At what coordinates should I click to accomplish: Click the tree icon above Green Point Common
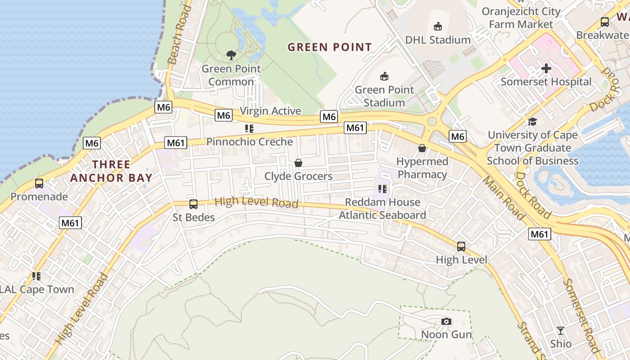click(x=231, y=55)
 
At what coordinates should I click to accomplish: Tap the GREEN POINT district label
click(x=329, y=47)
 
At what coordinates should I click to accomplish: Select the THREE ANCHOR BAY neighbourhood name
click(x=111, y=171)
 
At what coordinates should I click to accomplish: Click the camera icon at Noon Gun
click(x=446, y=321)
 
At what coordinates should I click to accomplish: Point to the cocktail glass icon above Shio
click(x=560, y=331)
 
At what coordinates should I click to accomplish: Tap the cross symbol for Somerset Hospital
click(x=546, y=68)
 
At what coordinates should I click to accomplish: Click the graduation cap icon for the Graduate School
click(x=533, y=121)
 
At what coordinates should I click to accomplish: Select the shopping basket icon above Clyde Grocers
click(x=298, y=163)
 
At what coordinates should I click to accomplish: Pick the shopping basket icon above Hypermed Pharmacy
click(x=422, y=148)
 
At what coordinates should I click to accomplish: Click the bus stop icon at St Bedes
click(x=193, y=204)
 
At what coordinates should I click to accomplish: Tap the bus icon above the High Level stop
click(x=461, y=247)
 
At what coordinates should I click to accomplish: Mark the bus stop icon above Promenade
click(x=39, y=184)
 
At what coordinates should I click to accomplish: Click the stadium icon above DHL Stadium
click(x=437, y=27)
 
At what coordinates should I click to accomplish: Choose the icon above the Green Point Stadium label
click(x=384, y=76)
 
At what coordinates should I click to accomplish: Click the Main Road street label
click(x=504, y=198)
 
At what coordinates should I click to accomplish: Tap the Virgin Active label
click(x=270, y=111)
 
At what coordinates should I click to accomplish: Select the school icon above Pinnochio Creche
click(x=249, y=129)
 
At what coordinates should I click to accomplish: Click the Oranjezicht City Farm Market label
click(x=521, y=18)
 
